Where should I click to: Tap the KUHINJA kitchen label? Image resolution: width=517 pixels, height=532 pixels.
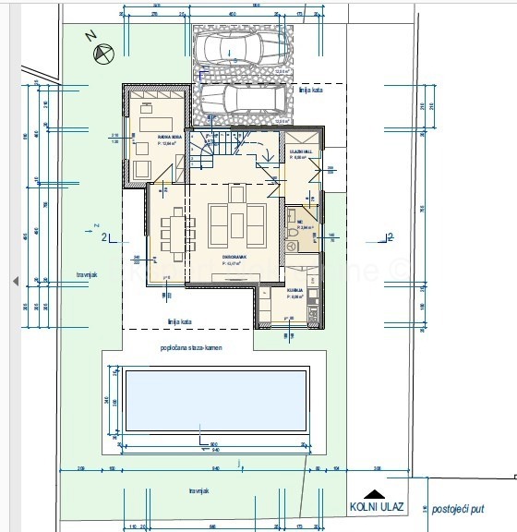coord(295,293)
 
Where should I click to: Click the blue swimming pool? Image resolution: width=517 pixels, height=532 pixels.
coord(215,400)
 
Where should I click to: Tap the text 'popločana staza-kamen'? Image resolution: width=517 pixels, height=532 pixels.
coord(191,347)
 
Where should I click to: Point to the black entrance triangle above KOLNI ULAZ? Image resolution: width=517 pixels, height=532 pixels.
coord(373,494)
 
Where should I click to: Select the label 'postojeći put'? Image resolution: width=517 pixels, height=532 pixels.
coord(456,508)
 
